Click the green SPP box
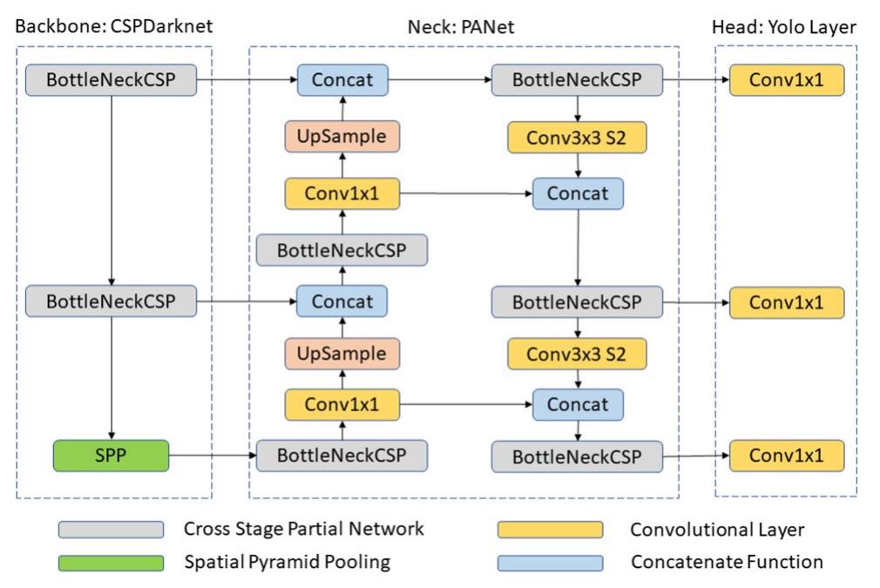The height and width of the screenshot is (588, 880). (110, 455)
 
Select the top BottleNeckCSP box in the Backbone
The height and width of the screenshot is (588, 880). (110, 80)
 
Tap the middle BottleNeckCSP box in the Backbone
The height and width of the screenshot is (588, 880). (110, 301)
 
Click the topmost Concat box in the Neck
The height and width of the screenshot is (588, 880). (342, 80)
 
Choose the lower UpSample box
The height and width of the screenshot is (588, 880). (342, 354)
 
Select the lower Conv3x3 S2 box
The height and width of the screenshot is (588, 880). (579, 354)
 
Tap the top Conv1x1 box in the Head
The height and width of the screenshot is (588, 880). (786, 80)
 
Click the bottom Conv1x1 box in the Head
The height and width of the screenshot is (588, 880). (786, 455)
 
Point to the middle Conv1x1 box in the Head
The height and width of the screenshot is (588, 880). (786, 302)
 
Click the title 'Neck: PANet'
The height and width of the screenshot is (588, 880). (462, 27)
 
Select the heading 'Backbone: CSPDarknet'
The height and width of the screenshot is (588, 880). (113, 27)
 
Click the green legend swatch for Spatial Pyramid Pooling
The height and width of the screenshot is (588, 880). (111, 563)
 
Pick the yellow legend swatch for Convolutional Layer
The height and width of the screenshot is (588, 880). (550, 530)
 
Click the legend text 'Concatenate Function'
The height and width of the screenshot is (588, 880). (727, 563)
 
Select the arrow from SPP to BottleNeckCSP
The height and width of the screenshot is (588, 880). (211, 455)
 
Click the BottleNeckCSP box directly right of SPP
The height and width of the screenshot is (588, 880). (342, 455)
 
